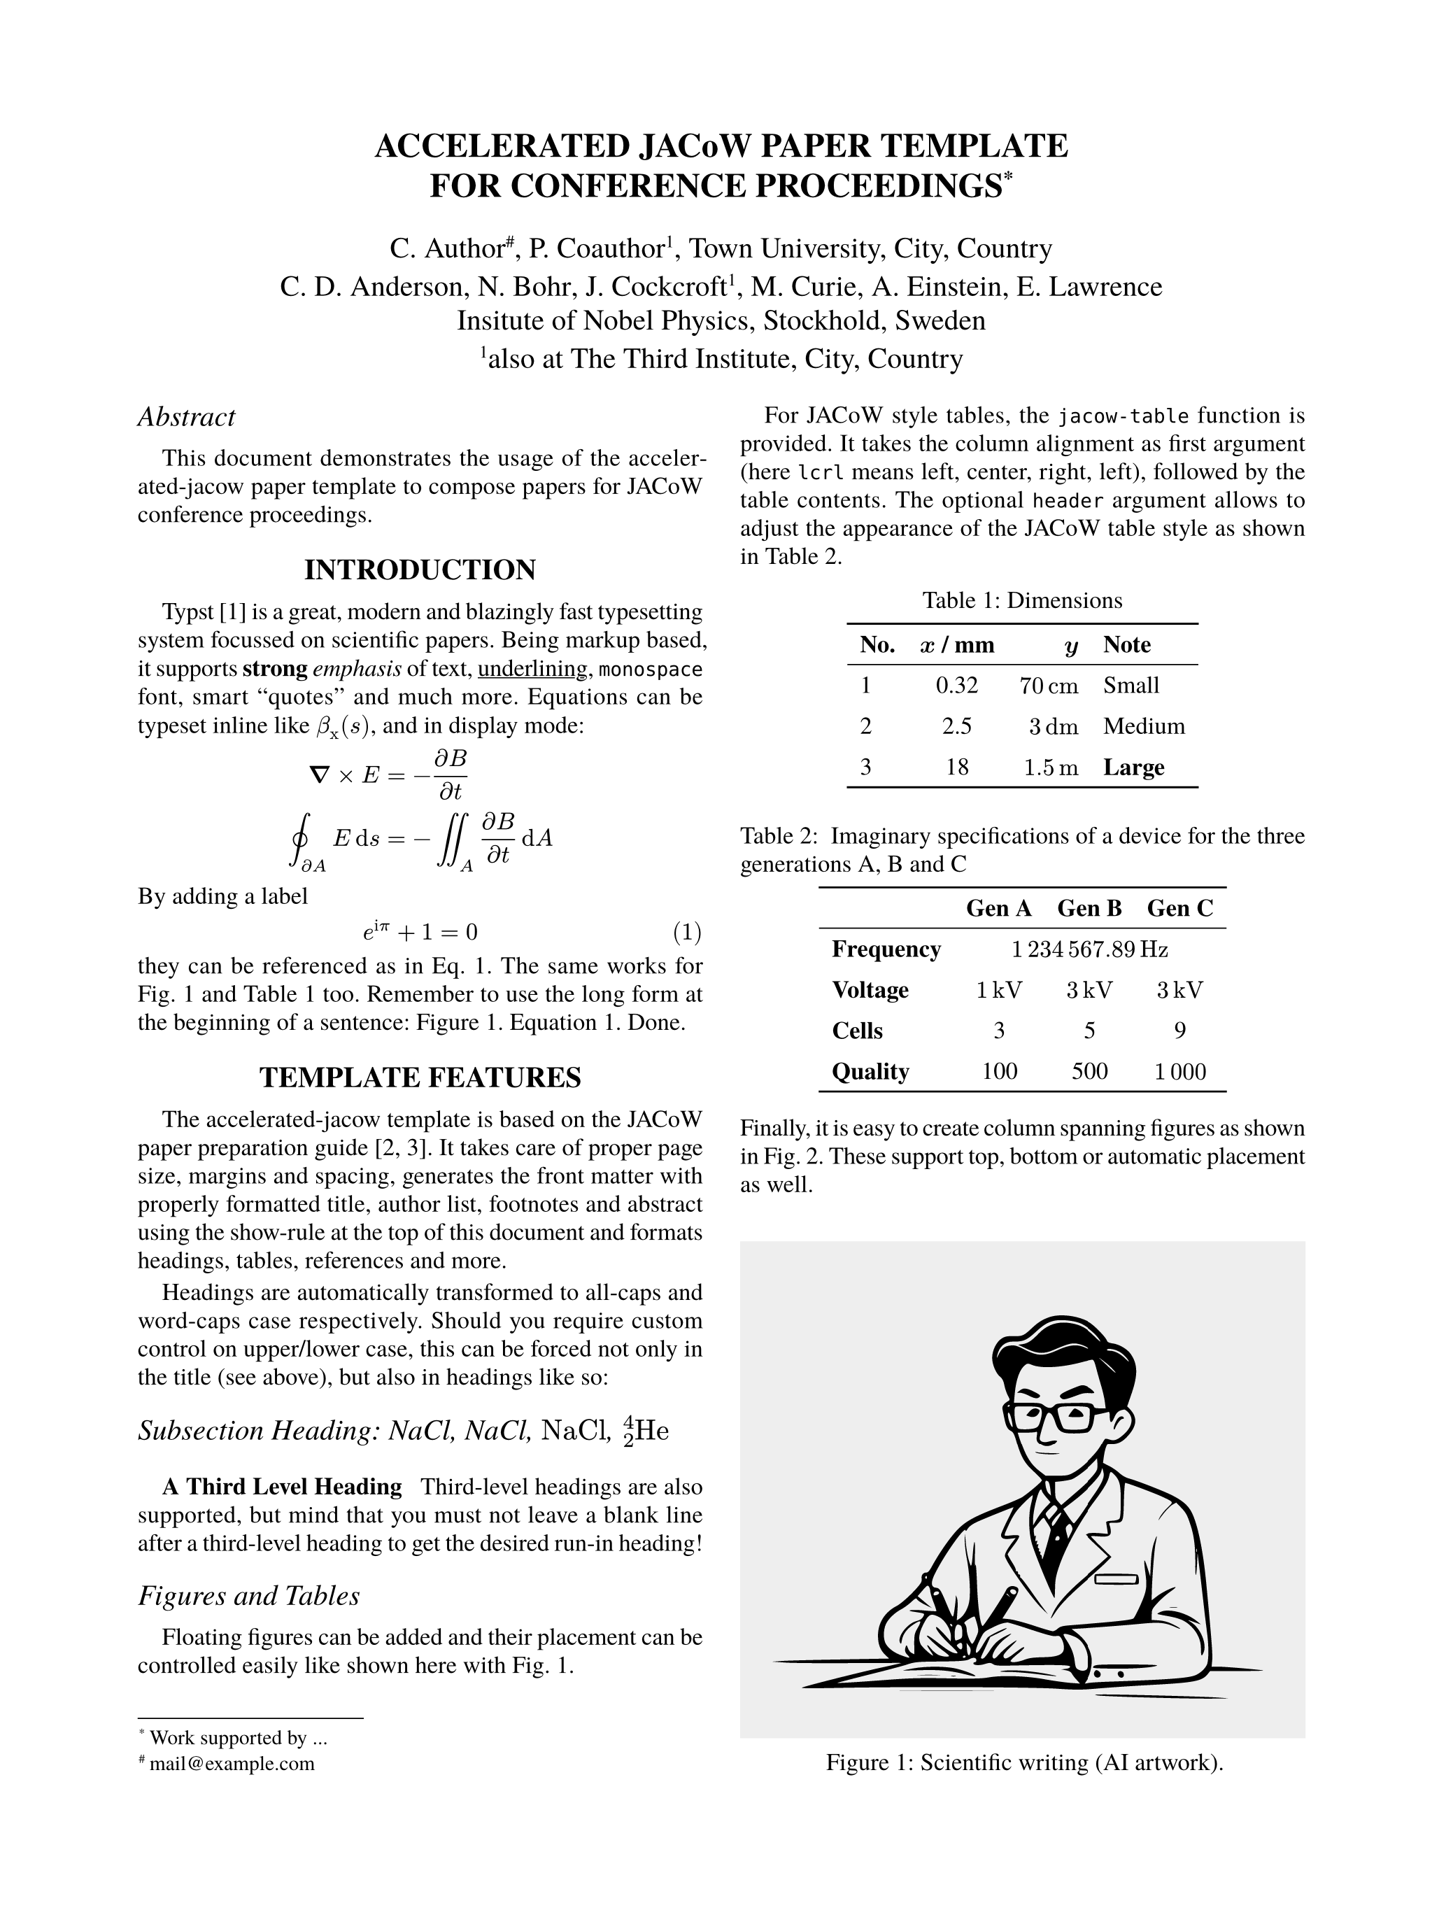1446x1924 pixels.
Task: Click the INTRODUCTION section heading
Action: pos(420,571)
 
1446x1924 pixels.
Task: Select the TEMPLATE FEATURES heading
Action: pos(420,1077)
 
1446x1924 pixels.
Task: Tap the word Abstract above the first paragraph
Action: pos(186,418)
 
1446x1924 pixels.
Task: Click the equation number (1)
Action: pos(687,933)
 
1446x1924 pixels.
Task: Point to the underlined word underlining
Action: pos(533,669)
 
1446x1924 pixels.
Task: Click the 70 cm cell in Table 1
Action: pos(1049,686)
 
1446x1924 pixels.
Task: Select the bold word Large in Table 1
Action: pos(1134,768)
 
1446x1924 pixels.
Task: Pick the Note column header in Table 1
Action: pos(1127,645)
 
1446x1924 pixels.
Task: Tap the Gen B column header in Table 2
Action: pos(1089,909)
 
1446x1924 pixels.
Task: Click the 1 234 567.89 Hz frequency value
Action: pos(1089,950)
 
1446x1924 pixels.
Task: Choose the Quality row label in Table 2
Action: pos(870,1072)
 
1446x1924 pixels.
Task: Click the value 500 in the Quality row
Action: pos(1089,1072)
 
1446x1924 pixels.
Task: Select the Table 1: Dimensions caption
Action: pos(1023,601)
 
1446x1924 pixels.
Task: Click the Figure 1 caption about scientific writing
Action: pos(1024,1762)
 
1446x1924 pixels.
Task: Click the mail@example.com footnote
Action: pos(232,1763)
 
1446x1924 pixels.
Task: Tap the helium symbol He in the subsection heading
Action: pos(652,1431)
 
